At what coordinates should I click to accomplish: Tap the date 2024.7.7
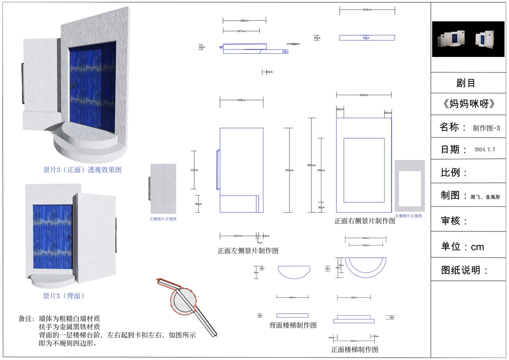(484, 150)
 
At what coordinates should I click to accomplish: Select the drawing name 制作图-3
(486, 128)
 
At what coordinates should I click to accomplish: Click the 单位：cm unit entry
(462, 246)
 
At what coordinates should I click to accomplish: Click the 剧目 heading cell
(466, 83)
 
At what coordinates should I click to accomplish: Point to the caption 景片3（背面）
(64, 296)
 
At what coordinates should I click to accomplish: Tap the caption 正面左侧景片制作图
(248, 251)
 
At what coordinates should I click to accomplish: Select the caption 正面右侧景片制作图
(365, 221)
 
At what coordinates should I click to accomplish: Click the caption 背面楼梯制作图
(293, 325)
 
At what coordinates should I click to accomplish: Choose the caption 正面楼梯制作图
(354, 350)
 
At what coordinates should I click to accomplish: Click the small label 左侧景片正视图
(163, 219)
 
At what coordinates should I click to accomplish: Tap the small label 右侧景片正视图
(408, 215)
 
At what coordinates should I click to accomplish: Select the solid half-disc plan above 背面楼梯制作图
(294, 271)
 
